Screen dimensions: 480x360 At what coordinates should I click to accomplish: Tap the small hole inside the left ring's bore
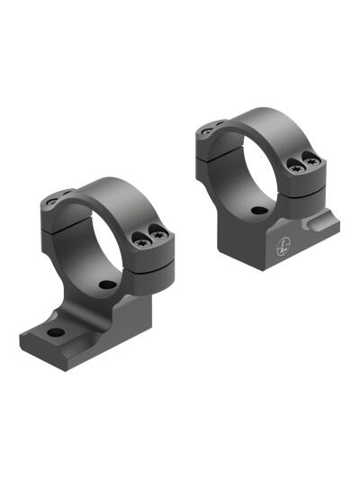tap(107, 285)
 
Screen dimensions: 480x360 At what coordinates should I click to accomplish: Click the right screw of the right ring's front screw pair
tap(312, 162)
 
